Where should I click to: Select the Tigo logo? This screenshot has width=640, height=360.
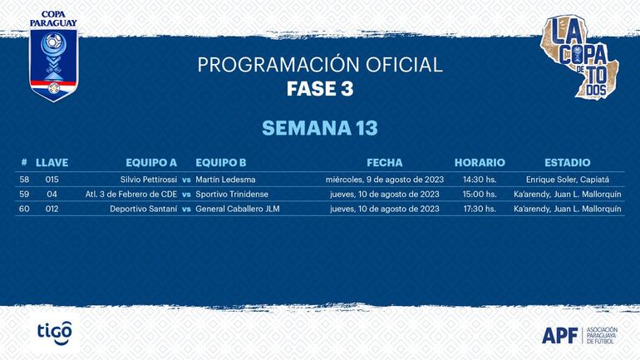[54, 332]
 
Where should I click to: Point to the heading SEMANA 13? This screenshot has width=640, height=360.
[319, 128]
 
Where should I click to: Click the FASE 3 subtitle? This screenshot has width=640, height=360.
[319, 89]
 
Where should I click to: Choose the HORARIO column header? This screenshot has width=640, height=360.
[480, 163]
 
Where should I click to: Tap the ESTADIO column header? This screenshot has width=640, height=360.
[567, 163]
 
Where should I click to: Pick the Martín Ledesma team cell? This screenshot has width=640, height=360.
[225, 180]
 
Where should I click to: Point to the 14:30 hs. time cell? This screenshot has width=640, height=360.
[480, 180]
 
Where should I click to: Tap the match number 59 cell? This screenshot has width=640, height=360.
[24, 195]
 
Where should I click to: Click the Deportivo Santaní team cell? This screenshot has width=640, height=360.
[143, 210]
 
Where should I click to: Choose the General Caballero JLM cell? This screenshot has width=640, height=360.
[237, 210]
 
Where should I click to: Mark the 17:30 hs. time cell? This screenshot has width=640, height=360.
[480, 210]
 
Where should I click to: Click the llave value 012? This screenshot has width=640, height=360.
[52, 210]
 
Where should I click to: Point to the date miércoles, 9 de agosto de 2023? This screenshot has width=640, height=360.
[384, 180]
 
